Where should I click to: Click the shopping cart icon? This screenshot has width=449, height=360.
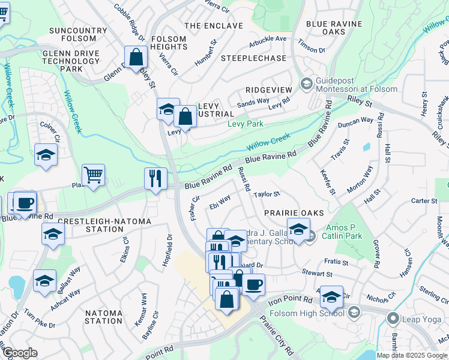tap(93, 175)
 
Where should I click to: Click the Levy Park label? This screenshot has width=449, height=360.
tap(246, 124)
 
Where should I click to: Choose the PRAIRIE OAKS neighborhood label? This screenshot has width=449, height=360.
tap(294, 213)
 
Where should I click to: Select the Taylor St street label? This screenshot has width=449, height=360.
tap(267, 194)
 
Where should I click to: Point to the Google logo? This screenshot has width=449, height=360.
tap(20, 353)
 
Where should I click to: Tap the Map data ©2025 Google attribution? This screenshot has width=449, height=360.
tap(412, 355)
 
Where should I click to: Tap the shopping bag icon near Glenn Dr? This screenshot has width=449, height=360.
tap(137, 58)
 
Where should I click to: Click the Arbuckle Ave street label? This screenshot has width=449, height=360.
tap(268, 39)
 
